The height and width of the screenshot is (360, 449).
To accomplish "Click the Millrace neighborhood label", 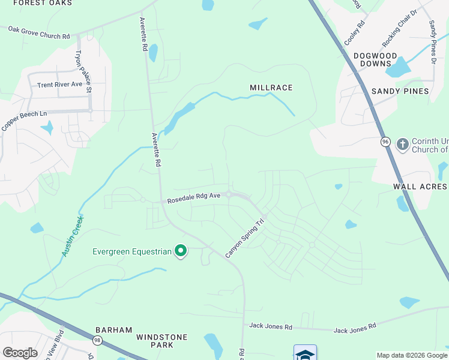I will pyautogui.click(x=271, y=88).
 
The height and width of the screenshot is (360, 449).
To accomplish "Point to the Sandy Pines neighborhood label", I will pyautogui.click(x=400, y=91).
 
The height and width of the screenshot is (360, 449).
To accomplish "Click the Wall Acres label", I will pyautogui.click(x=420, y=187).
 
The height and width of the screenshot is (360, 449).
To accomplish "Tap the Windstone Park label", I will pyautogui.click(x=162, y=341).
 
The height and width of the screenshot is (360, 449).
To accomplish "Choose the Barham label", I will pyautogui.click(x=110, y=330).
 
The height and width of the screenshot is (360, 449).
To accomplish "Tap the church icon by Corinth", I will pyautogui.click(x=402, y=144).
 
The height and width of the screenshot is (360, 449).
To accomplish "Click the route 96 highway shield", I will pyautogui.click(x=385, y=142).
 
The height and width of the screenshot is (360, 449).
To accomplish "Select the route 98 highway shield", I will pyautogui.click(x=98, y=341).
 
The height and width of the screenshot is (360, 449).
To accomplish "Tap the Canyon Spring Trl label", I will pyautogui.click(x=245, y=238).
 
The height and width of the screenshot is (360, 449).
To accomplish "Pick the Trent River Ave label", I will pyautogui.click(x=59, y=85).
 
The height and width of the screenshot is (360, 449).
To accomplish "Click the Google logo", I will pyautogui.click(x=19, y=352).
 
